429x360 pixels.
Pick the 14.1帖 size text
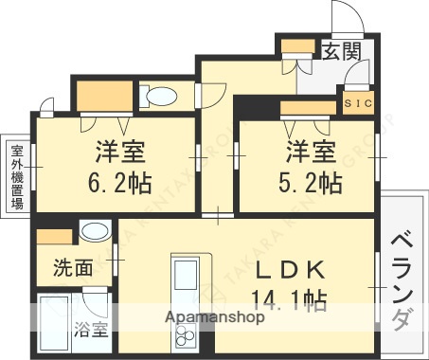pos(289,300)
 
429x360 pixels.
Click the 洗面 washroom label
pos(73,268)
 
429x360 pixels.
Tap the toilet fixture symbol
pos(160,96)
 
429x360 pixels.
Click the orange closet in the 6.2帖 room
pos(103,97)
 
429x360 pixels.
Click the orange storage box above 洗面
pos(54,235)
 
